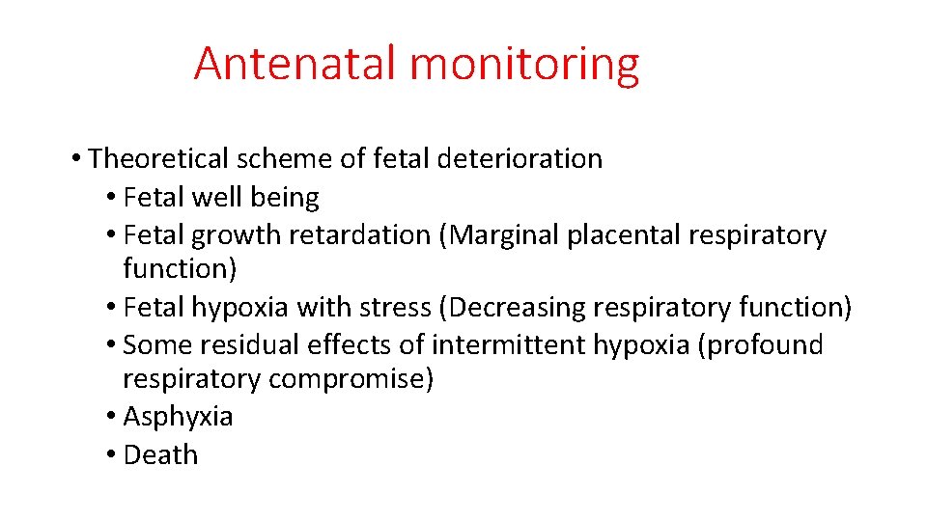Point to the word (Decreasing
point(512,308)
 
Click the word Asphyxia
point(179,417)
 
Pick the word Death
point(161,454)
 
